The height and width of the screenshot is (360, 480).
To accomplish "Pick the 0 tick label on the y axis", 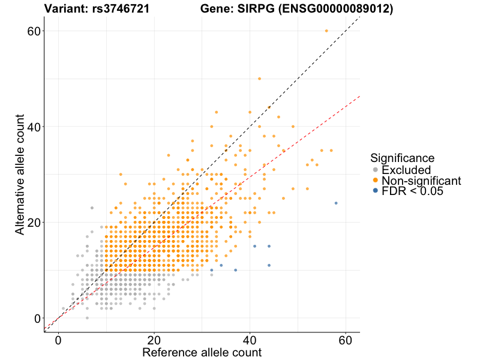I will coord(38,318).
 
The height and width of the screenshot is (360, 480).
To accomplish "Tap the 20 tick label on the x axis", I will coord(154,340).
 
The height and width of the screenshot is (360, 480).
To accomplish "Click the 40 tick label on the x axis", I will coord(250,340).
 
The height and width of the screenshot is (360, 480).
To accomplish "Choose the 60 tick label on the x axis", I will coord(346,340).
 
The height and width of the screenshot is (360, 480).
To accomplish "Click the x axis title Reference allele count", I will coord(202,352).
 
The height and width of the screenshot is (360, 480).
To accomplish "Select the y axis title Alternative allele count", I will coord(20,175).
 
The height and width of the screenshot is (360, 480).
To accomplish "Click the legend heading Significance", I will coord(403,158).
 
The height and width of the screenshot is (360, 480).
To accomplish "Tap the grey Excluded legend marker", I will coord(376,170).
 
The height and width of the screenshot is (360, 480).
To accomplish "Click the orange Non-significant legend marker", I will coord(376,181).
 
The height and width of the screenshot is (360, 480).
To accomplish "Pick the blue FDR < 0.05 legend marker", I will coord(376,191).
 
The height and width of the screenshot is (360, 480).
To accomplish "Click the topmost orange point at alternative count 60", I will coord(326,31).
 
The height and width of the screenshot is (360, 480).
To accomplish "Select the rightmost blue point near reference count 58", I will coord(336,203).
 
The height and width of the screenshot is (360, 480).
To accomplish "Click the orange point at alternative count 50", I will coord(259,79).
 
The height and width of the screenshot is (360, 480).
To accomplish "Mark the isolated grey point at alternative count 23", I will coord(92,208).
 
